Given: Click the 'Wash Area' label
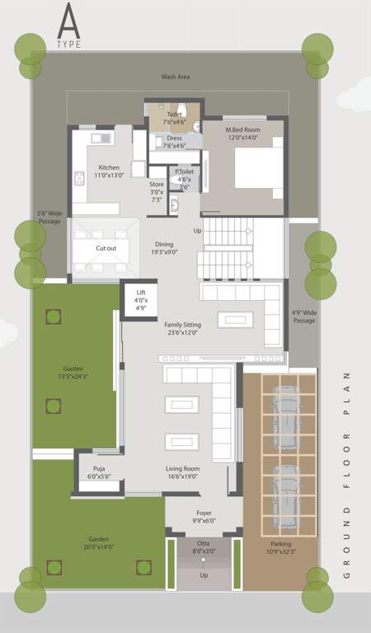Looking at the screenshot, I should pyautogui.click(x=176, y=77).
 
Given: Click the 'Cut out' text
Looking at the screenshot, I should pyautogui.click(x=106, y=248).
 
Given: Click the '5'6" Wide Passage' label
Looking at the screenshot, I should pyautogui.click(x=49, y=218).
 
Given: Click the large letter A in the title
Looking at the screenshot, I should pyautogui.click(x=70, y=21).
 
